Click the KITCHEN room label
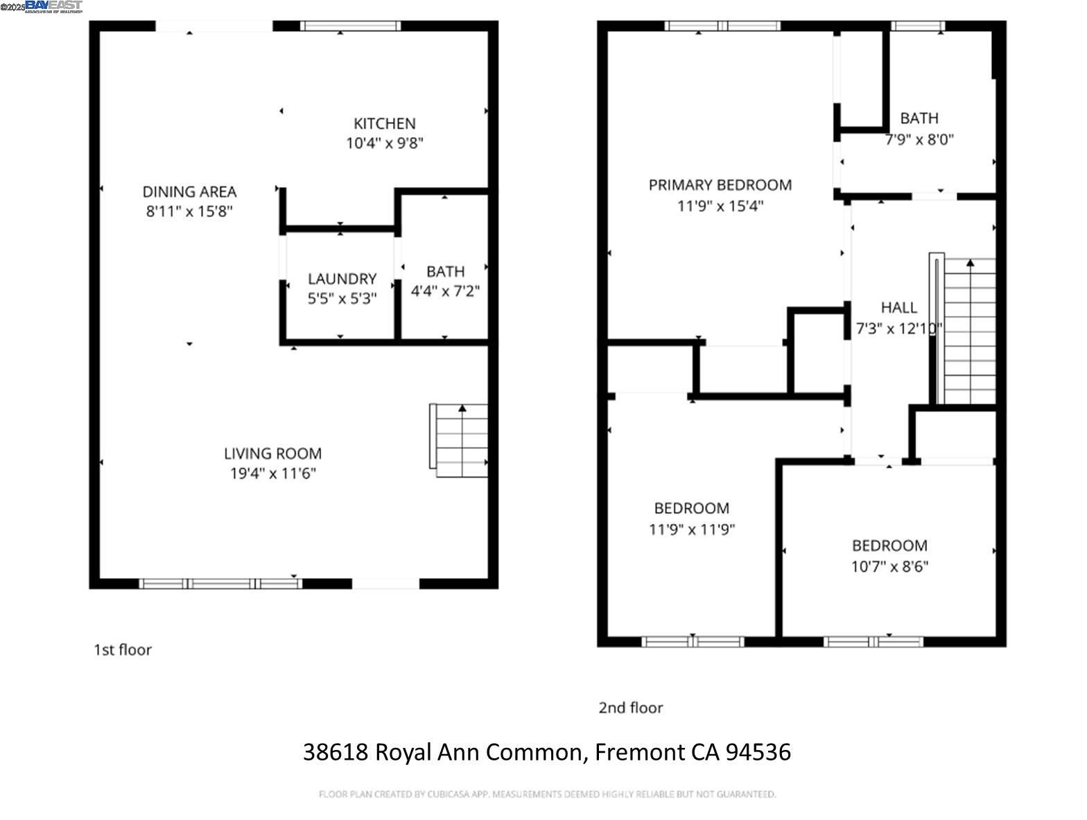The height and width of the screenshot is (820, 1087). pyautogui.click(x=384, y=123)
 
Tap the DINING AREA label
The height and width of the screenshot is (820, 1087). pyautogui.click(x=189, y=191)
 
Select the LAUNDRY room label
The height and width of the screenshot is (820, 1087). pyautogui.click(x=342, y=279)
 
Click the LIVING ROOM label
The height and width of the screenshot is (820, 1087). pyautogui.click(x=272, y=453)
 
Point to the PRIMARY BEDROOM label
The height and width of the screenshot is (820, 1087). pyautogui.click(x=720, y=185)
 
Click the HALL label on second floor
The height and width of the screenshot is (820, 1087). pyautogui.click(x=898, y=307)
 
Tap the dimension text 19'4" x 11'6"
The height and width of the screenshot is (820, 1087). pyautogui.click(x=273, y=473)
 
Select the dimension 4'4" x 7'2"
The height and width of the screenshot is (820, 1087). pyautogui.click(x=445, y=291)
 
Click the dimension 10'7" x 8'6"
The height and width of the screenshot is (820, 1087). pyautogui.click(x=889, y=566)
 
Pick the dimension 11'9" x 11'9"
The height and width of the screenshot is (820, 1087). pyautogui.click(x=691, y=530)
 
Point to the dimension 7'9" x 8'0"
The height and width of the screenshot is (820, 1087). pyautogui.click(x=919, y=139)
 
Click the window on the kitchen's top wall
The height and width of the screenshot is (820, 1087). pyautogui.click(x=351, y=26)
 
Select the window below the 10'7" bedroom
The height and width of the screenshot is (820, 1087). pyautogui.click(x=873, y=642)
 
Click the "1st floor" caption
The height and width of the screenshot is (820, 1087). pyautogui.click(x=123, y=650)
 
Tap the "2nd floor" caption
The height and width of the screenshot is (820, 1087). pyautogui.click(x=630, y=708)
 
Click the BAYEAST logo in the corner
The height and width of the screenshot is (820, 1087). pyautogui.click(x=53, y=6)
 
